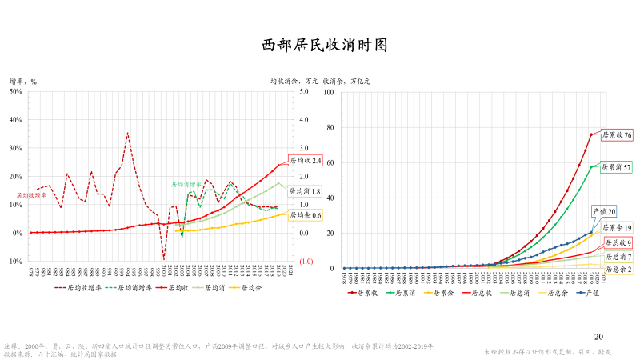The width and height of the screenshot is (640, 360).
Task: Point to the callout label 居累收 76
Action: pyautogui.click(x=617, y=135)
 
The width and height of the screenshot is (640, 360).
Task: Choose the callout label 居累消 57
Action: pyautogui.click(x=617, y=167)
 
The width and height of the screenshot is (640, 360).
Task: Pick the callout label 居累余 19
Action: pyautogui.click(x=617, y=228)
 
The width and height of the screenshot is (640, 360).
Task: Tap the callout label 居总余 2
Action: pyautogui.click(x=617, y=270)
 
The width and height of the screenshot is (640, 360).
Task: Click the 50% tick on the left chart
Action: pyautogui.click(x=16, y=91)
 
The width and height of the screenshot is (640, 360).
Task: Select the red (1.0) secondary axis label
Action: pyautogui.click(x=306, y=262)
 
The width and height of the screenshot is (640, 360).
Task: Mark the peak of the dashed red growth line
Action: pyautogui.click(x=127, y=133)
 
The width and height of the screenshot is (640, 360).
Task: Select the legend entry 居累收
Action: pyautogui.click(x=364, y=293)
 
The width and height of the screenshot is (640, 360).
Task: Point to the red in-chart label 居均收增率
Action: pyautogui.click(x=32, y=194)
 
